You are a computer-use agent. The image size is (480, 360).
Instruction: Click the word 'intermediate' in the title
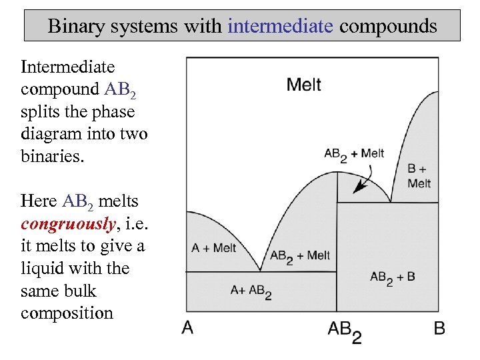279,26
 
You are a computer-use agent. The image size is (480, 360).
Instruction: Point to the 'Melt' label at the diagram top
303,85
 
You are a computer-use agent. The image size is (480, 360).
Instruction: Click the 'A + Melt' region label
213,248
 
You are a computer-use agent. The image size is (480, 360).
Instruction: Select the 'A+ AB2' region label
251,291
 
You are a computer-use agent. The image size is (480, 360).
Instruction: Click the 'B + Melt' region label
419,176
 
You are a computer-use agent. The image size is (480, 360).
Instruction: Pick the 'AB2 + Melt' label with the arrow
353,154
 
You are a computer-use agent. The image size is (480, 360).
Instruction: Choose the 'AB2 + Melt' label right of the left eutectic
299,256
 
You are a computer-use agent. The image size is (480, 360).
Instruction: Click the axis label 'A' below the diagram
188,327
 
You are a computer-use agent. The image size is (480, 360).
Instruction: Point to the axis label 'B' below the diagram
439,327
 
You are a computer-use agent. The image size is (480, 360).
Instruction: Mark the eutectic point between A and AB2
260,271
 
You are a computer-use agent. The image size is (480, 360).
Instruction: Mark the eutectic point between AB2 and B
390,202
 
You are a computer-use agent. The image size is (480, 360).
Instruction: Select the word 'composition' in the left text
67,313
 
